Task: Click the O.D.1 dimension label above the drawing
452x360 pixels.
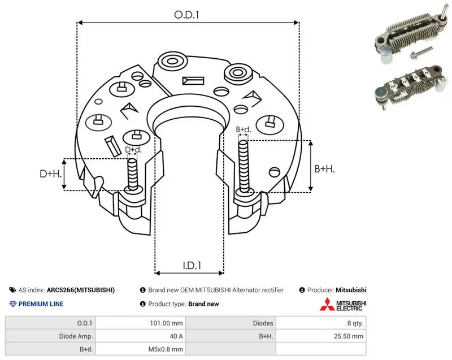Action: tap(186, 15)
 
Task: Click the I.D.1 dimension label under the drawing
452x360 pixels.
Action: tap(192, 265)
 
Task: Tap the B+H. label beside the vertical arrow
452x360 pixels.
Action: tap(324, 168)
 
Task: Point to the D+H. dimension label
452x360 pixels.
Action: tap(51, 174)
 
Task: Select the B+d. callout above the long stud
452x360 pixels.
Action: tap(244, 129)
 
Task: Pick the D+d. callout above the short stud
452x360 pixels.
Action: tap(133, 150)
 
